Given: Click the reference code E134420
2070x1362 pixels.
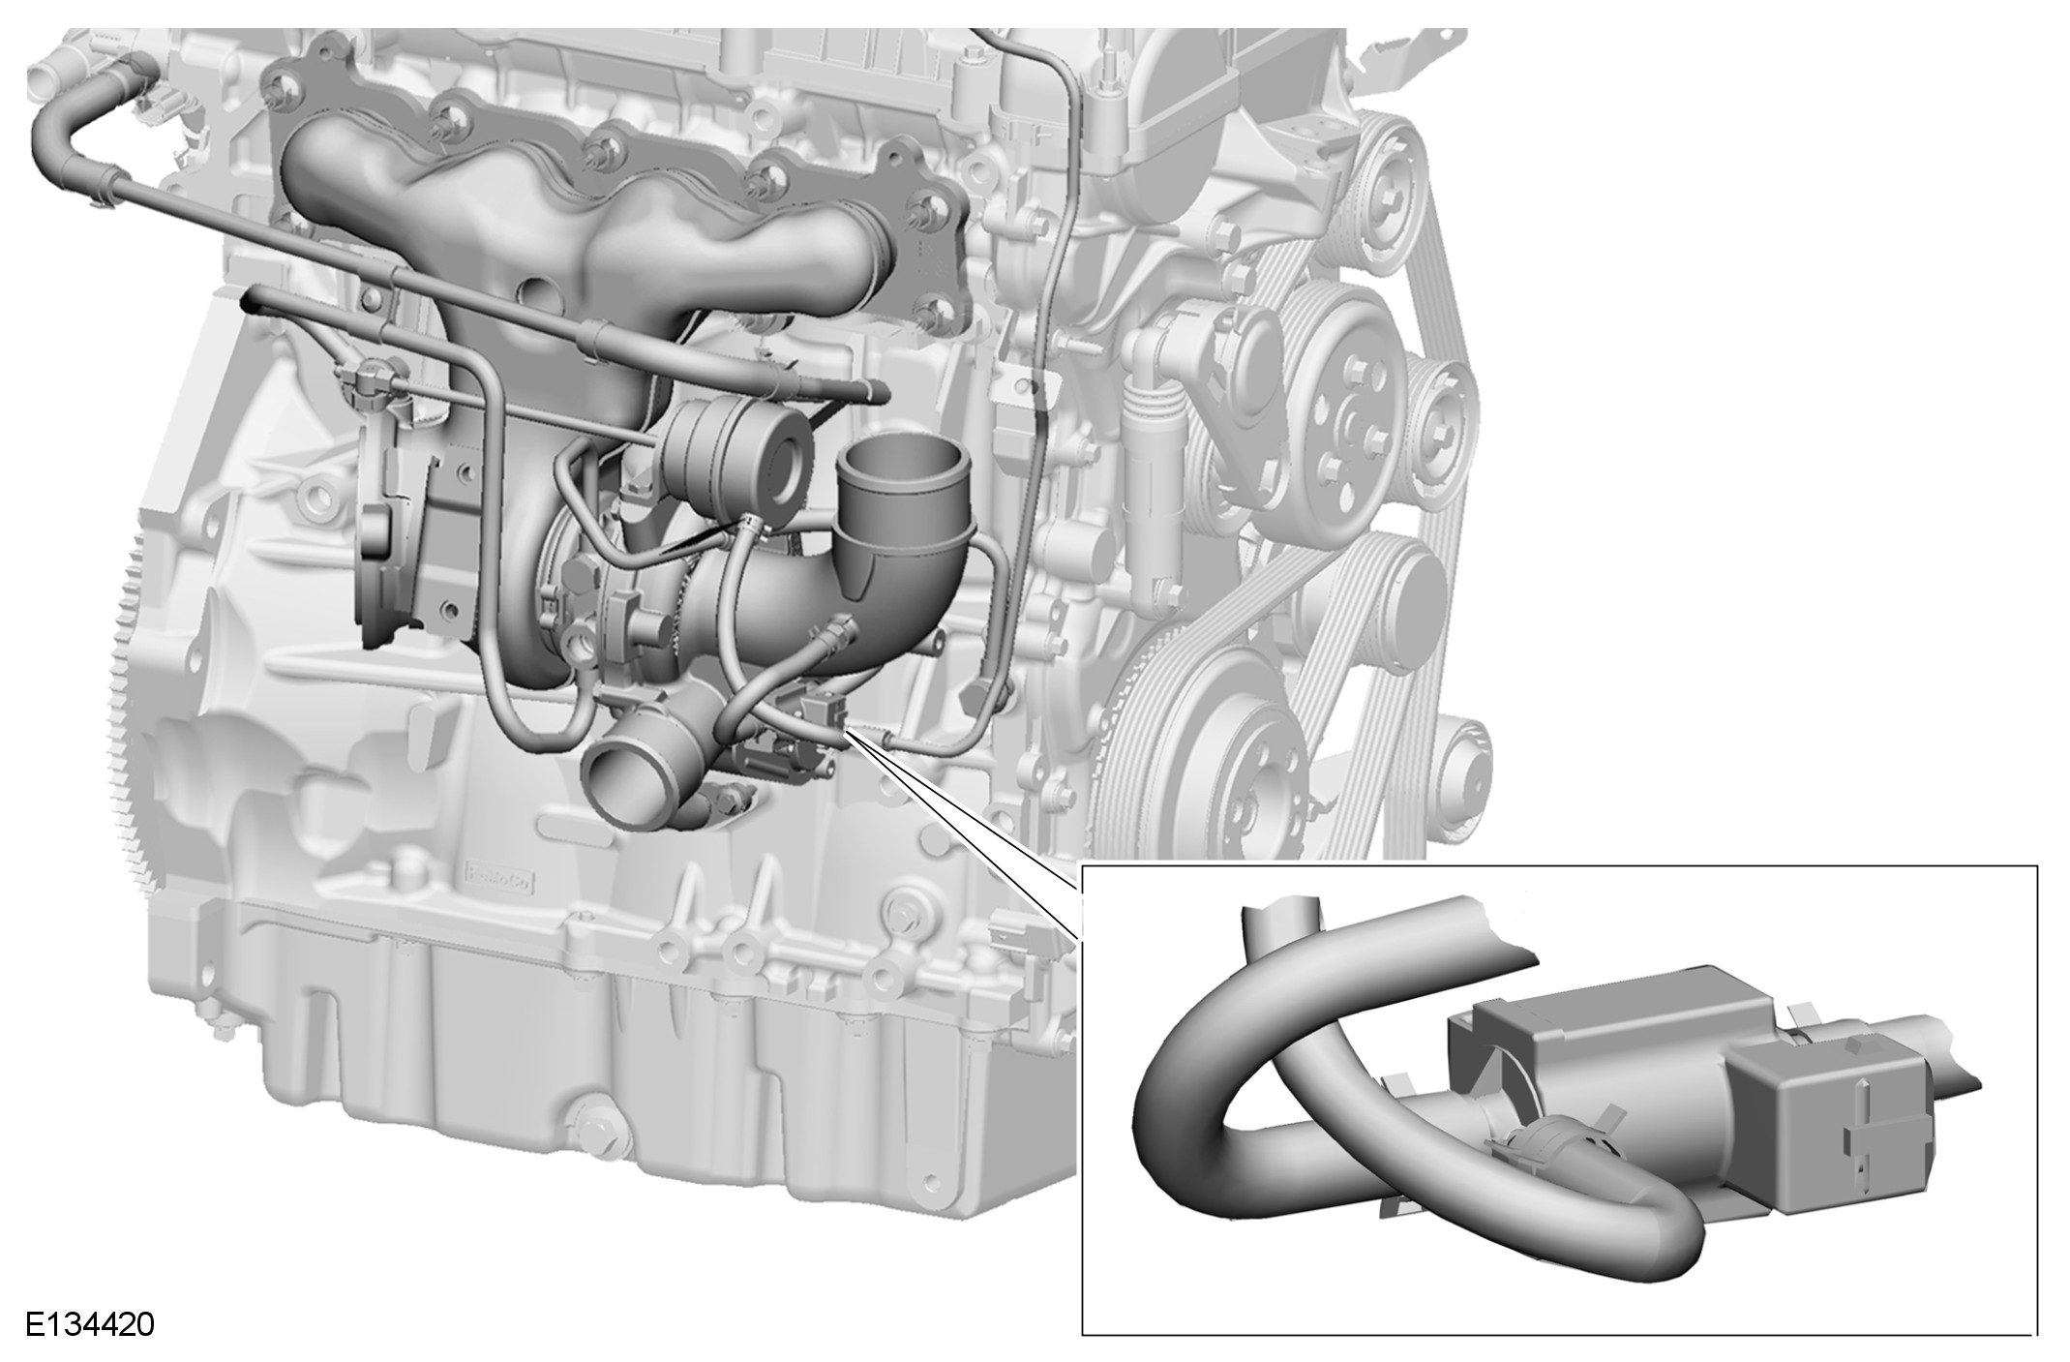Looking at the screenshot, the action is [x=90, y=1323].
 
